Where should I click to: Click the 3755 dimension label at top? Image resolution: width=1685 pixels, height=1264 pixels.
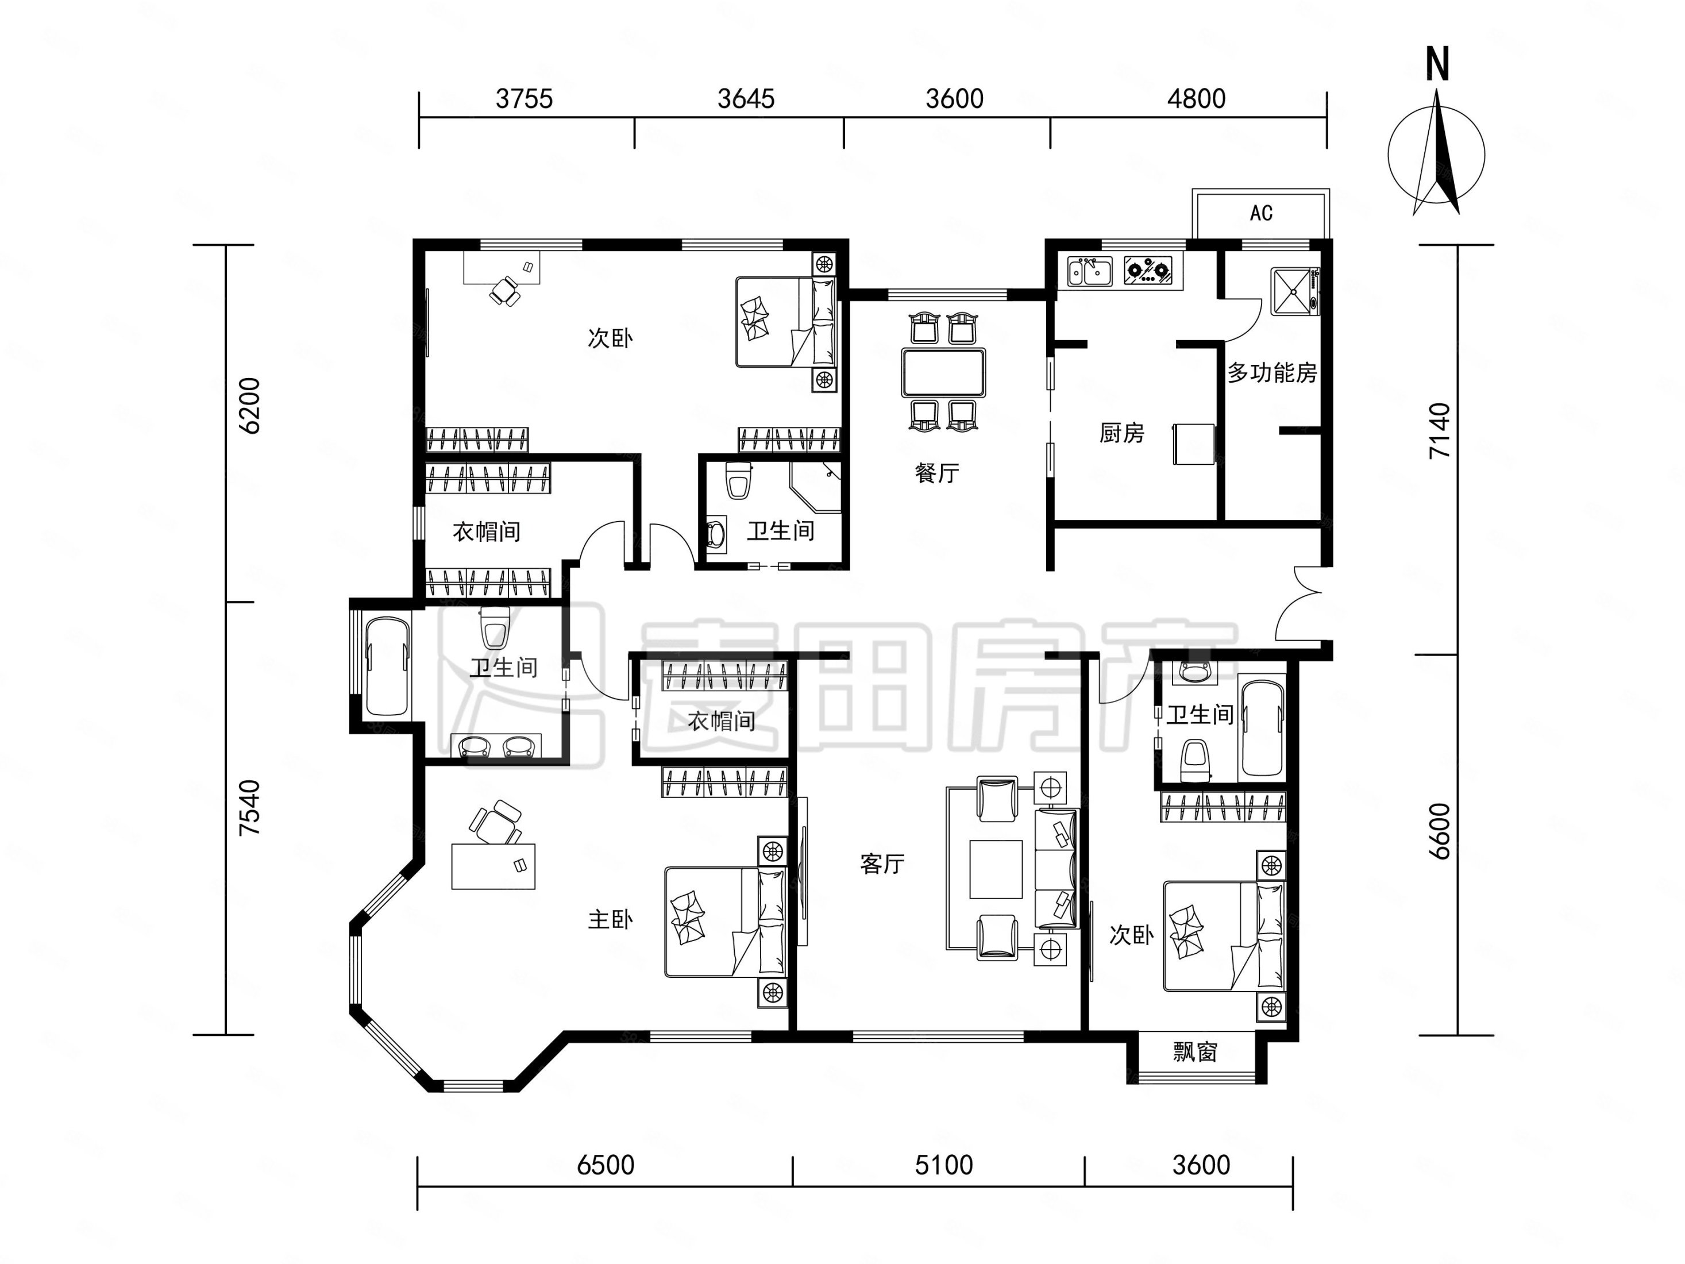click(524, 99)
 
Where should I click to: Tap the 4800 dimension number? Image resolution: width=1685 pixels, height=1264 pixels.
click(1196, 99)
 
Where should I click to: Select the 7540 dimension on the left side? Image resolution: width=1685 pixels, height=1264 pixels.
click(250, 808)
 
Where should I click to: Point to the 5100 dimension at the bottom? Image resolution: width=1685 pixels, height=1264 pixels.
click(944, 1165)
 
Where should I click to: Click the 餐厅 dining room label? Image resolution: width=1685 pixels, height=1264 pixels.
click(937, 473)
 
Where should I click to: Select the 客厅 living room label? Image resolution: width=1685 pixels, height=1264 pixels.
click(882, 864)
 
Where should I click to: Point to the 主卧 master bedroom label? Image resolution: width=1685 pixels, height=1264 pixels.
click(610, 920)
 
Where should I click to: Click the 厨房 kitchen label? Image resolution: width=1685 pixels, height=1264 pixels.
click(1121, 433)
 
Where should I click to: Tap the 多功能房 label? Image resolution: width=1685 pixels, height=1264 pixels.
click(1272, 372)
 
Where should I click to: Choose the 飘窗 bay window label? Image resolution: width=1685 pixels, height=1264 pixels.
click(1195, 1052)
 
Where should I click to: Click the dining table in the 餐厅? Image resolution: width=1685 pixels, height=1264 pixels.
click(943, 372)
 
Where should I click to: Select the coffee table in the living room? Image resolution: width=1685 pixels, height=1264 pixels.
click(996, 869)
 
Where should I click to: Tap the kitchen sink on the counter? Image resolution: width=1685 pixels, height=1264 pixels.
click(1090, 271)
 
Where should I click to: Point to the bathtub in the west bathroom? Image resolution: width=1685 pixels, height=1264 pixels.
click(388, 666)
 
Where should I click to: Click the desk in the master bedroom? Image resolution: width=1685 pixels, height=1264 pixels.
click(493, 866)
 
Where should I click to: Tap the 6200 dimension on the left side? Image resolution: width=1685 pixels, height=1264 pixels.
click(250, 406)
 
